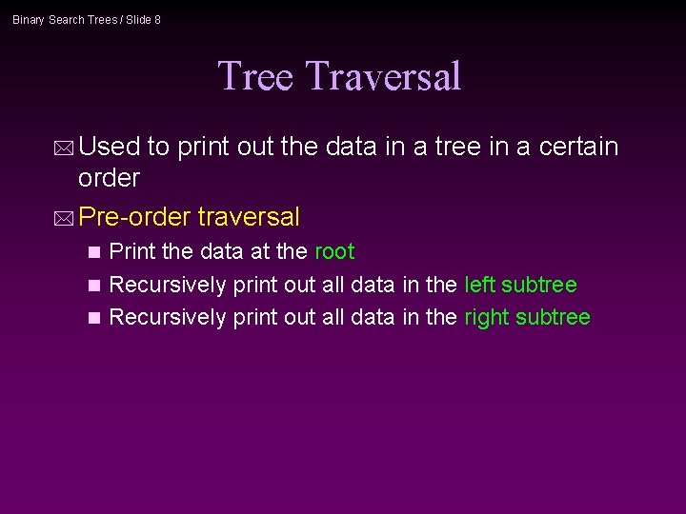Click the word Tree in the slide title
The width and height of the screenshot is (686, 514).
[x=255, y=76]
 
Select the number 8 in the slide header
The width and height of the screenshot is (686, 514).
[x=157, y=20]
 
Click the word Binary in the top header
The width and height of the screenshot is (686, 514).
[x=29, y=20]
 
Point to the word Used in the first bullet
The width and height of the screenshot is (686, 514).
[x=110, y=147]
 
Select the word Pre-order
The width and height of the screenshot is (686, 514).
[x=135, y=217]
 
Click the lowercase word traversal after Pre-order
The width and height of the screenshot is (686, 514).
[x=249, y=217]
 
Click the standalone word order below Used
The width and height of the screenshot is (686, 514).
[x=109, y=178]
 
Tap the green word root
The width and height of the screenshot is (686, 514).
[x=333, y=251]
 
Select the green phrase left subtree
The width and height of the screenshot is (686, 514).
[x=520, y=285]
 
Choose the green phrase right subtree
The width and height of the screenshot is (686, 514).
[x=527, y=317]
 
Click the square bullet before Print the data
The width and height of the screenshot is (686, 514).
[x=92, y=252]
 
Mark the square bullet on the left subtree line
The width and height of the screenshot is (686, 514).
[x=92, y=286]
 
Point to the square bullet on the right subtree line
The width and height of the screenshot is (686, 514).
[x=92, y=318]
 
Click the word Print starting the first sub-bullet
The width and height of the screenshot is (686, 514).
[x=131, y=251]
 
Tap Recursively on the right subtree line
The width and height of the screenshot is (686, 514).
[x=168, y=317]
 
